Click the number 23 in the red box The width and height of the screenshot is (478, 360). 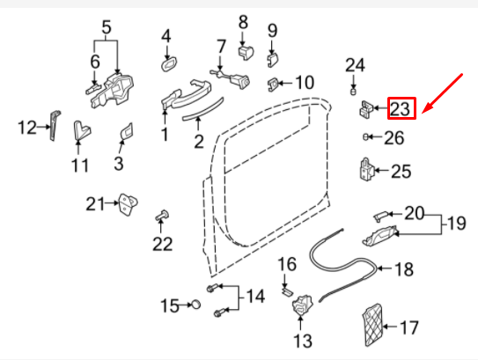(401, 109)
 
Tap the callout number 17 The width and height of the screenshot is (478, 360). (408, 329)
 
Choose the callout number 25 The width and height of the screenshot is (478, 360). (401, 172)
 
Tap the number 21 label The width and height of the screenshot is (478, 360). (95, 205)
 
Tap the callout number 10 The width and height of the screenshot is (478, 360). (304, 83)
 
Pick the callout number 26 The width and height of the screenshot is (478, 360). (393, 137)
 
